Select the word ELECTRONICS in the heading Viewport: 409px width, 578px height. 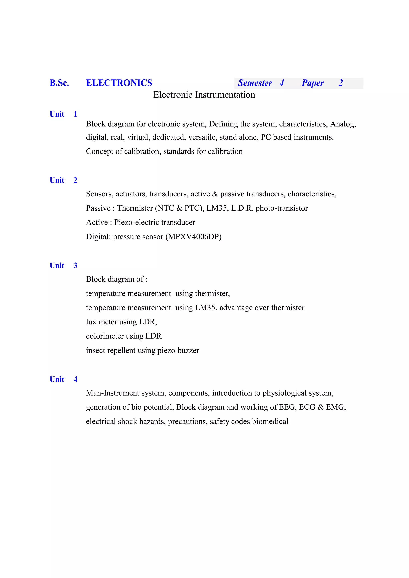pos(119,83)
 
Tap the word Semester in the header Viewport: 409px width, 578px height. pos(255,83)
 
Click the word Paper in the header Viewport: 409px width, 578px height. pos(313,83)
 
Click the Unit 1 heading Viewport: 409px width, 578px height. pos(63,114)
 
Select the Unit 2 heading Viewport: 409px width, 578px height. pos(63,180)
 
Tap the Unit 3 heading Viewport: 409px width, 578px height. pos(63,265)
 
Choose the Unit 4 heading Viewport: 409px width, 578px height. pos(63,379)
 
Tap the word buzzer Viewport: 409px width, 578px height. pos(188,350)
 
